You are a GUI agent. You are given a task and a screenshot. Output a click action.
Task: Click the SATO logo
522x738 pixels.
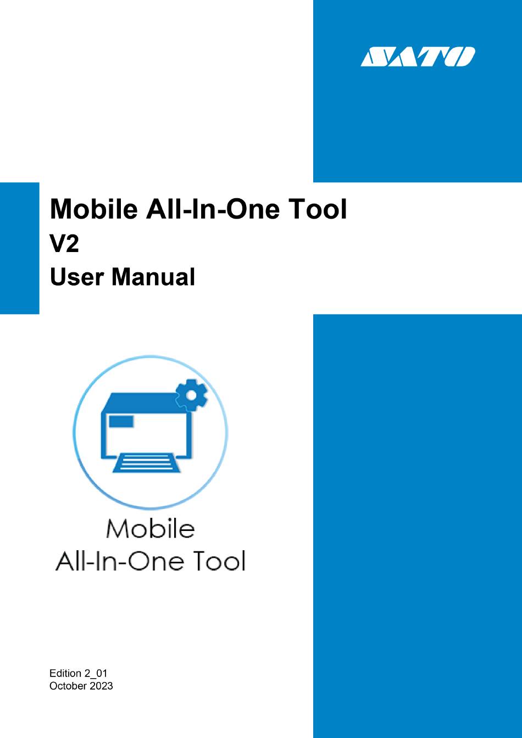coord(418,57)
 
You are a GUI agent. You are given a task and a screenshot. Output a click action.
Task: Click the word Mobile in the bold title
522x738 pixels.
coord(93,209)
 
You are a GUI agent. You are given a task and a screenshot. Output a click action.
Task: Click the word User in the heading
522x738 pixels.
coord(77,277)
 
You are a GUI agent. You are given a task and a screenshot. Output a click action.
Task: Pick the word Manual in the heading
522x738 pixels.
coord(153,277)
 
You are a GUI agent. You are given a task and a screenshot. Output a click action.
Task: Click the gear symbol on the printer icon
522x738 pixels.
coord(191,395)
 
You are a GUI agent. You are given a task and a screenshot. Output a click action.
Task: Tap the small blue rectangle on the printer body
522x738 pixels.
coord(121,421)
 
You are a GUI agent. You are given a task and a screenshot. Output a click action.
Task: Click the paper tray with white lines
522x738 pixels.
coord(147,463)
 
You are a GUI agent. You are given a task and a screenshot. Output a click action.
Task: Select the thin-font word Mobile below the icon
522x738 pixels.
coord(151,529)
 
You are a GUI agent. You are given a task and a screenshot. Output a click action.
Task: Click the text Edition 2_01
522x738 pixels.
coord(78,673)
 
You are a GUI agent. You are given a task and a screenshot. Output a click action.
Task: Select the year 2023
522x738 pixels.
coord(101,686)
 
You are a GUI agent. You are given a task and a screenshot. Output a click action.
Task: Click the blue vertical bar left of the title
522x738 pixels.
coord(19,248)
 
